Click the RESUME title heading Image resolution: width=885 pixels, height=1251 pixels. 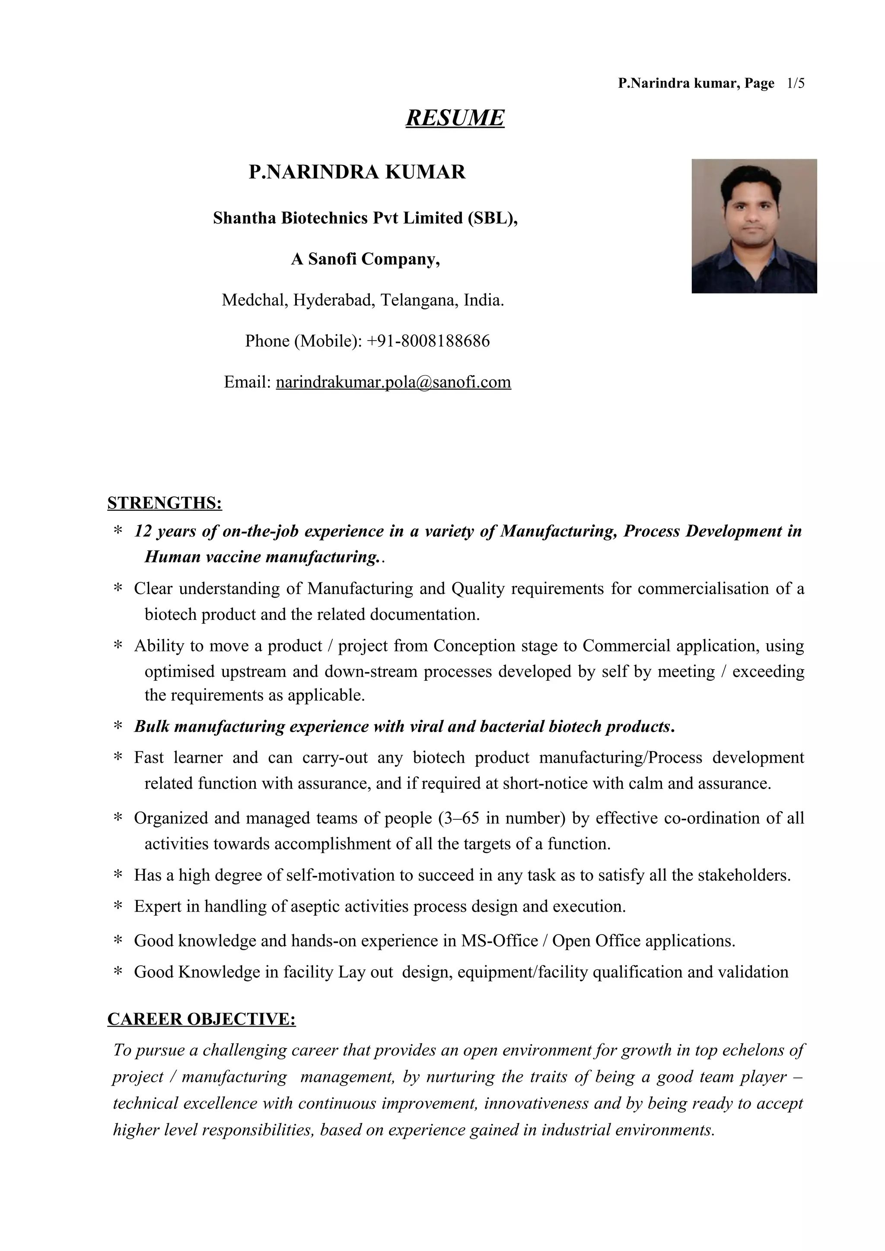tap(455, 118)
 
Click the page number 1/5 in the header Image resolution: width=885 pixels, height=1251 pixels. tap(796, 83)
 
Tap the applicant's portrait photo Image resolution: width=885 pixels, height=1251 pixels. tap(754, 226)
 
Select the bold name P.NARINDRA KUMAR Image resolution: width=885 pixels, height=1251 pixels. tap(357, 172)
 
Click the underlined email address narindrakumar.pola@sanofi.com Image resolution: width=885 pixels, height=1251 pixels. tap(393, 382)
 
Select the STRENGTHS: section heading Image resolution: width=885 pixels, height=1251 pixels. tap(165, 502)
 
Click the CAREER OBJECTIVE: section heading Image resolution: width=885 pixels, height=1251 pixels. tap(201, 1019)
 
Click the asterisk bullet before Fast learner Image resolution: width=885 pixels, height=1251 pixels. tap(117, 758)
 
